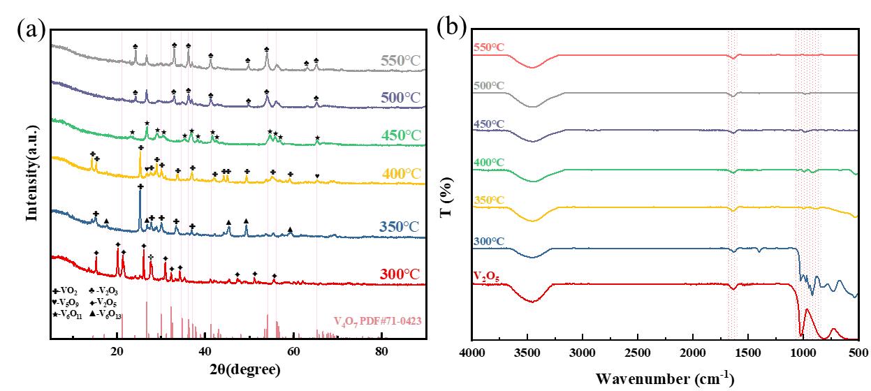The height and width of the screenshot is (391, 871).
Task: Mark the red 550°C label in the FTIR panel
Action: (488, 47)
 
